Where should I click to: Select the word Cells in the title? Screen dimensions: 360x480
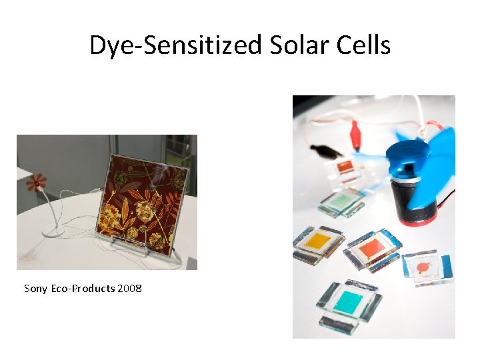click(364, 45)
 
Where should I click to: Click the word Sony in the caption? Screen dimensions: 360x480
click(35, 289)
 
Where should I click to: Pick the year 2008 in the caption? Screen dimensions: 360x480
click(129, 289)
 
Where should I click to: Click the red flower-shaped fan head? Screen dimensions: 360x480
click(36, 181)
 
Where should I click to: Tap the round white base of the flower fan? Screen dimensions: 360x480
click(53, 232)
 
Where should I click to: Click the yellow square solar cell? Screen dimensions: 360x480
click(319, 241)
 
